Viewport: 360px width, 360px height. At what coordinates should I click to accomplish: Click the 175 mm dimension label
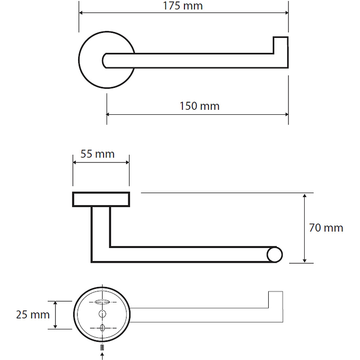[183, 6]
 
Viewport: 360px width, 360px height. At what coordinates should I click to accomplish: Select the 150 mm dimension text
[199, 106]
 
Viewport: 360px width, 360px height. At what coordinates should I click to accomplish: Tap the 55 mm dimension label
[98, 154]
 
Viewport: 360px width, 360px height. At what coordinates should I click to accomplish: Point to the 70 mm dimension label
[326, 228]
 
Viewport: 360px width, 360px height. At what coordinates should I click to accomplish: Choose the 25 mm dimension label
[33, 315]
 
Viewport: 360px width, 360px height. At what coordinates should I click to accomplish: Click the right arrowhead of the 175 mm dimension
[287, 13]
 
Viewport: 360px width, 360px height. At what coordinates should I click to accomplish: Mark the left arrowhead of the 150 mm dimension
[108, 114]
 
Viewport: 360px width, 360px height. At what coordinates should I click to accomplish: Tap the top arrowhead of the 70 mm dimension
[305, 196]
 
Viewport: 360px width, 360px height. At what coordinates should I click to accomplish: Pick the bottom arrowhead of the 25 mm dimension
[55, 327]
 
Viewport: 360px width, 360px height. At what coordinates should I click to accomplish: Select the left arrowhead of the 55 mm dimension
[75, 162]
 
